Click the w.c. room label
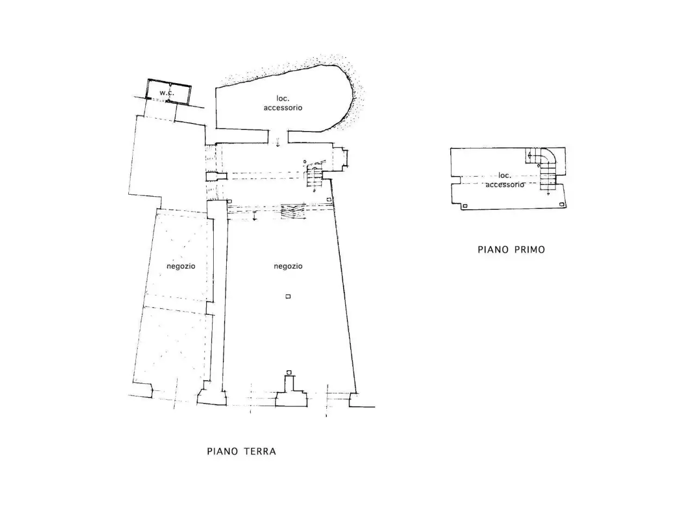pos(166,93)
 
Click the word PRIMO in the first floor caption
pos(529,250)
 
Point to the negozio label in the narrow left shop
pos(181,266)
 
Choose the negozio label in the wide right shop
pos(288,266)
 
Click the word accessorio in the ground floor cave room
pos(283,108)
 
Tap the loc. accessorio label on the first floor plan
pos(505,179)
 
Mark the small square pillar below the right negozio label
pos(288,296)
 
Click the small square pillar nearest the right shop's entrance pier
pos(289,372)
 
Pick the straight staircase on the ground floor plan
pos(314,177)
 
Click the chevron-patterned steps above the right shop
pos(293,212)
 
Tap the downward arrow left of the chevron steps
pos(254,215)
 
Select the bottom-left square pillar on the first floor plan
pos(465,206)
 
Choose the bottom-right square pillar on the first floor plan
pos(562,205)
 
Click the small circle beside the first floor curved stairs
pos(538,165)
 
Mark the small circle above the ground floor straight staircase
pos(304,162)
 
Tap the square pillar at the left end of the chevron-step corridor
pos(230,201)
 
